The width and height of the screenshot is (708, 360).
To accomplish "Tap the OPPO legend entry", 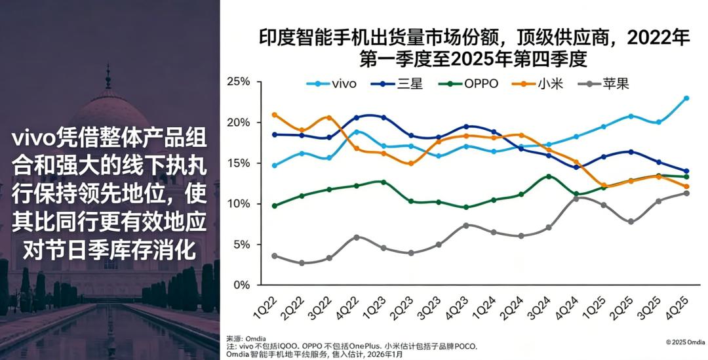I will (x=472, y=84).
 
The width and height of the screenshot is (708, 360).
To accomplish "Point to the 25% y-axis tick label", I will (x=239, y=82).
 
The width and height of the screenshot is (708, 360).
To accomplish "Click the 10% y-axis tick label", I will (x=239, y=204).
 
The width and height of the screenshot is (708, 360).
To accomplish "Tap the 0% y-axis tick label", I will (x=242, y=285).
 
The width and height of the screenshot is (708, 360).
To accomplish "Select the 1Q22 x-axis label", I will (x=268, y=307).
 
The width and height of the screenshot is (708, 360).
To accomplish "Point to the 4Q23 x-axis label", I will (x=460, y=307).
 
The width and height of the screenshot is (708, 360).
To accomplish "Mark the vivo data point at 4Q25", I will (x=686, y=98).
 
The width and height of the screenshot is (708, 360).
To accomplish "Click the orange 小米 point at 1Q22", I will (x=275, y=115).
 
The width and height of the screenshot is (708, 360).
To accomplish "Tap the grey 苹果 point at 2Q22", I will (x=302, y=263).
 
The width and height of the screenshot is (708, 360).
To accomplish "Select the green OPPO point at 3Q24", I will (x=549, y=176).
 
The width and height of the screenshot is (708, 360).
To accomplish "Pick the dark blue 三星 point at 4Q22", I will (x=357, y=118).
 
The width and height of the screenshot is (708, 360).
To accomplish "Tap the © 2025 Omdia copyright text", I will (x=685, y=342).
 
